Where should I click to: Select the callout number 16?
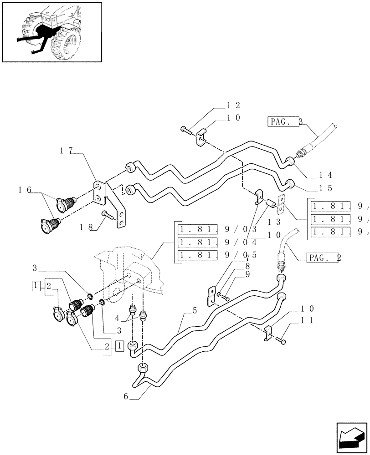pyautogui.click(x=25, y=190)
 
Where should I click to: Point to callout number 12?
pyautogui.click(x=234, y=105)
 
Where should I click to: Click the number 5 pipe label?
pyautogui.click(x=195, y=312)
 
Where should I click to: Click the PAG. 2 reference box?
pyautogui.click(x=324, y=258)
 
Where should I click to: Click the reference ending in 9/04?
pyautogui.click(x=218, y=242)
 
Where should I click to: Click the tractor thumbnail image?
pyautogui.click(x=51, y=31)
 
